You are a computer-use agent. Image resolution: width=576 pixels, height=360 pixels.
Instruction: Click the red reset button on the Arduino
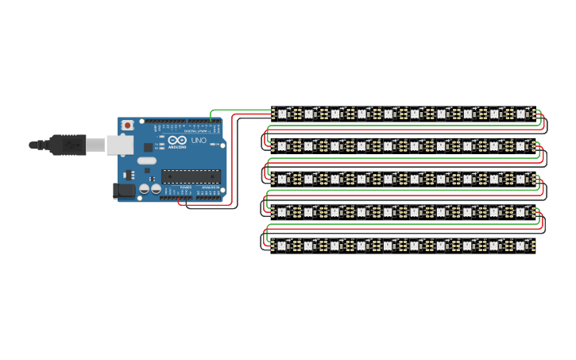point(127,125)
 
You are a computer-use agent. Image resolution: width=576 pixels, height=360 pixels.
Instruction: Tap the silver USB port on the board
point(118,144)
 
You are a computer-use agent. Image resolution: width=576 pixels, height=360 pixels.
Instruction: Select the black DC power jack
point(123,190)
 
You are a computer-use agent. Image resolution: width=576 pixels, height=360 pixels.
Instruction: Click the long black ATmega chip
point(190,176)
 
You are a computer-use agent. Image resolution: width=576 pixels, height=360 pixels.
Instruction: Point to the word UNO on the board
point(199,141)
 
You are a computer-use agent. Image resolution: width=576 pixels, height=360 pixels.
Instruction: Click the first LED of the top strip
point(283,114)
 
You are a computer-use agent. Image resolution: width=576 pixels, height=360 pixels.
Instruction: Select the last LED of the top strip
point(521,114)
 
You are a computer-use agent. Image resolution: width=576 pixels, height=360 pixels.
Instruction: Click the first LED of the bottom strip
point(283,246)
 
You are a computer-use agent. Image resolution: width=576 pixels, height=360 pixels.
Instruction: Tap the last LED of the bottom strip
point(521,246)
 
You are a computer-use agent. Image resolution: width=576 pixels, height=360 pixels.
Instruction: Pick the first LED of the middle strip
point(283,180)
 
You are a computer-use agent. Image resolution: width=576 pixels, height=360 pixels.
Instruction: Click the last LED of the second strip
point(521,146)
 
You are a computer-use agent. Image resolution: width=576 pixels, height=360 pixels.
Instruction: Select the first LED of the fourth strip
point(283,212)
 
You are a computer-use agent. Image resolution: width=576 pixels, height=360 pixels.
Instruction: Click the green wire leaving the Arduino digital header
point(238,110)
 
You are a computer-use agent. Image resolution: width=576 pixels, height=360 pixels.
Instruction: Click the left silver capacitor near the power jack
point(144,189)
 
